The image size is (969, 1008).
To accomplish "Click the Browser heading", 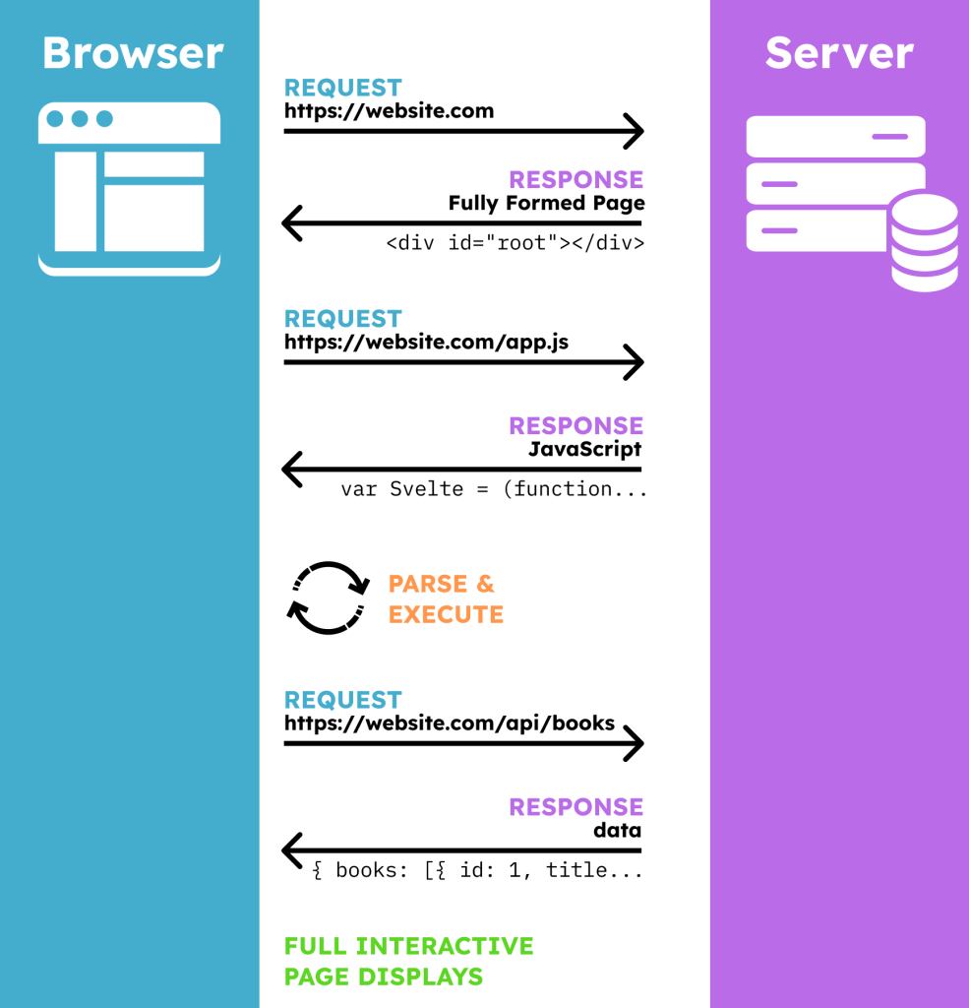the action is [x=133, y=53].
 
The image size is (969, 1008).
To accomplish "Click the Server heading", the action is [x=839, y=53].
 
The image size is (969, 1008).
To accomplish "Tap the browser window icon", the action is [x=129, y=189].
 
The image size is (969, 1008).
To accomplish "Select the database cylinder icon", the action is [x=925, y=241].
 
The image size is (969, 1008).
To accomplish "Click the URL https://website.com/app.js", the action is [x=426, y=342].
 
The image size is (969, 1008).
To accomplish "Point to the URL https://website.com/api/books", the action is [x=450, y=724].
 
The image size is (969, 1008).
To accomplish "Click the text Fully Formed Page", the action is [x=546, y=203].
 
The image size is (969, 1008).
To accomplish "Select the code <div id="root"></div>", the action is [x=515, y=243].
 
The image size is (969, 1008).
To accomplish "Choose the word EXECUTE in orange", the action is [x=446, y=614].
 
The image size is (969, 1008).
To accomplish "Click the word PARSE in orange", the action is [x=428, y=584].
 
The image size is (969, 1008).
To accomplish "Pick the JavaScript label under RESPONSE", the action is [x=584, y=449].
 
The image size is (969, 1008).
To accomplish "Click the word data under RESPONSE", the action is [x=617, y=830].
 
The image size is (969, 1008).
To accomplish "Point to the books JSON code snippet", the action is [x=477, y=870].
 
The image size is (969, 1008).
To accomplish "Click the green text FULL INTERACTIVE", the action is [x=408, y=946].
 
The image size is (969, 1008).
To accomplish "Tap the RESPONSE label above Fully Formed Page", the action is [x=575, y=179].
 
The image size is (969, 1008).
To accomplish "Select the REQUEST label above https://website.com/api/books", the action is [x=343, y=700].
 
